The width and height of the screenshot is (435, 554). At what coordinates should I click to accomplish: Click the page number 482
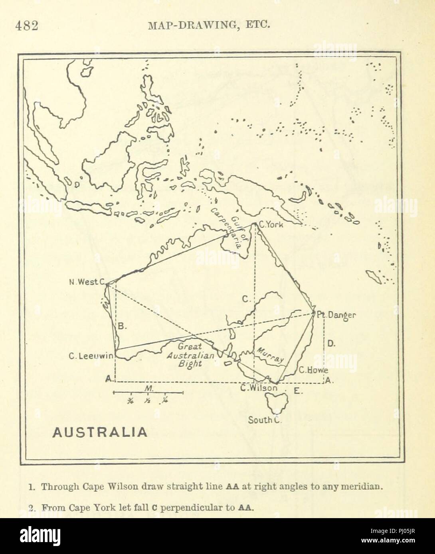[x=26, y=26]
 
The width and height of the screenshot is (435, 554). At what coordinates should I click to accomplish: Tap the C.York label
[x=271, y=224]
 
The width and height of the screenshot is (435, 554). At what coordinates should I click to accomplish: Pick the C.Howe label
[x=314, y=369]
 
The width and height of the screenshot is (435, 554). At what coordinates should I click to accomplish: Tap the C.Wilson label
[x=259, y=387]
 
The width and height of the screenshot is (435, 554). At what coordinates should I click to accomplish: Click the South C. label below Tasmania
[x=265, y=420]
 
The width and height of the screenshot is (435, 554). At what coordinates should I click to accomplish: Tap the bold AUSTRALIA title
[x=100, y=432]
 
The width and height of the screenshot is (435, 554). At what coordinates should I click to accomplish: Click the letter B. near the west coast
[x=123, y=326]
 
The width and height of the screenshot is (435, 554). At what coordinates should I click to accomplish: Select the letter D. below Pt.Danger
[x=331, y=343]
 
